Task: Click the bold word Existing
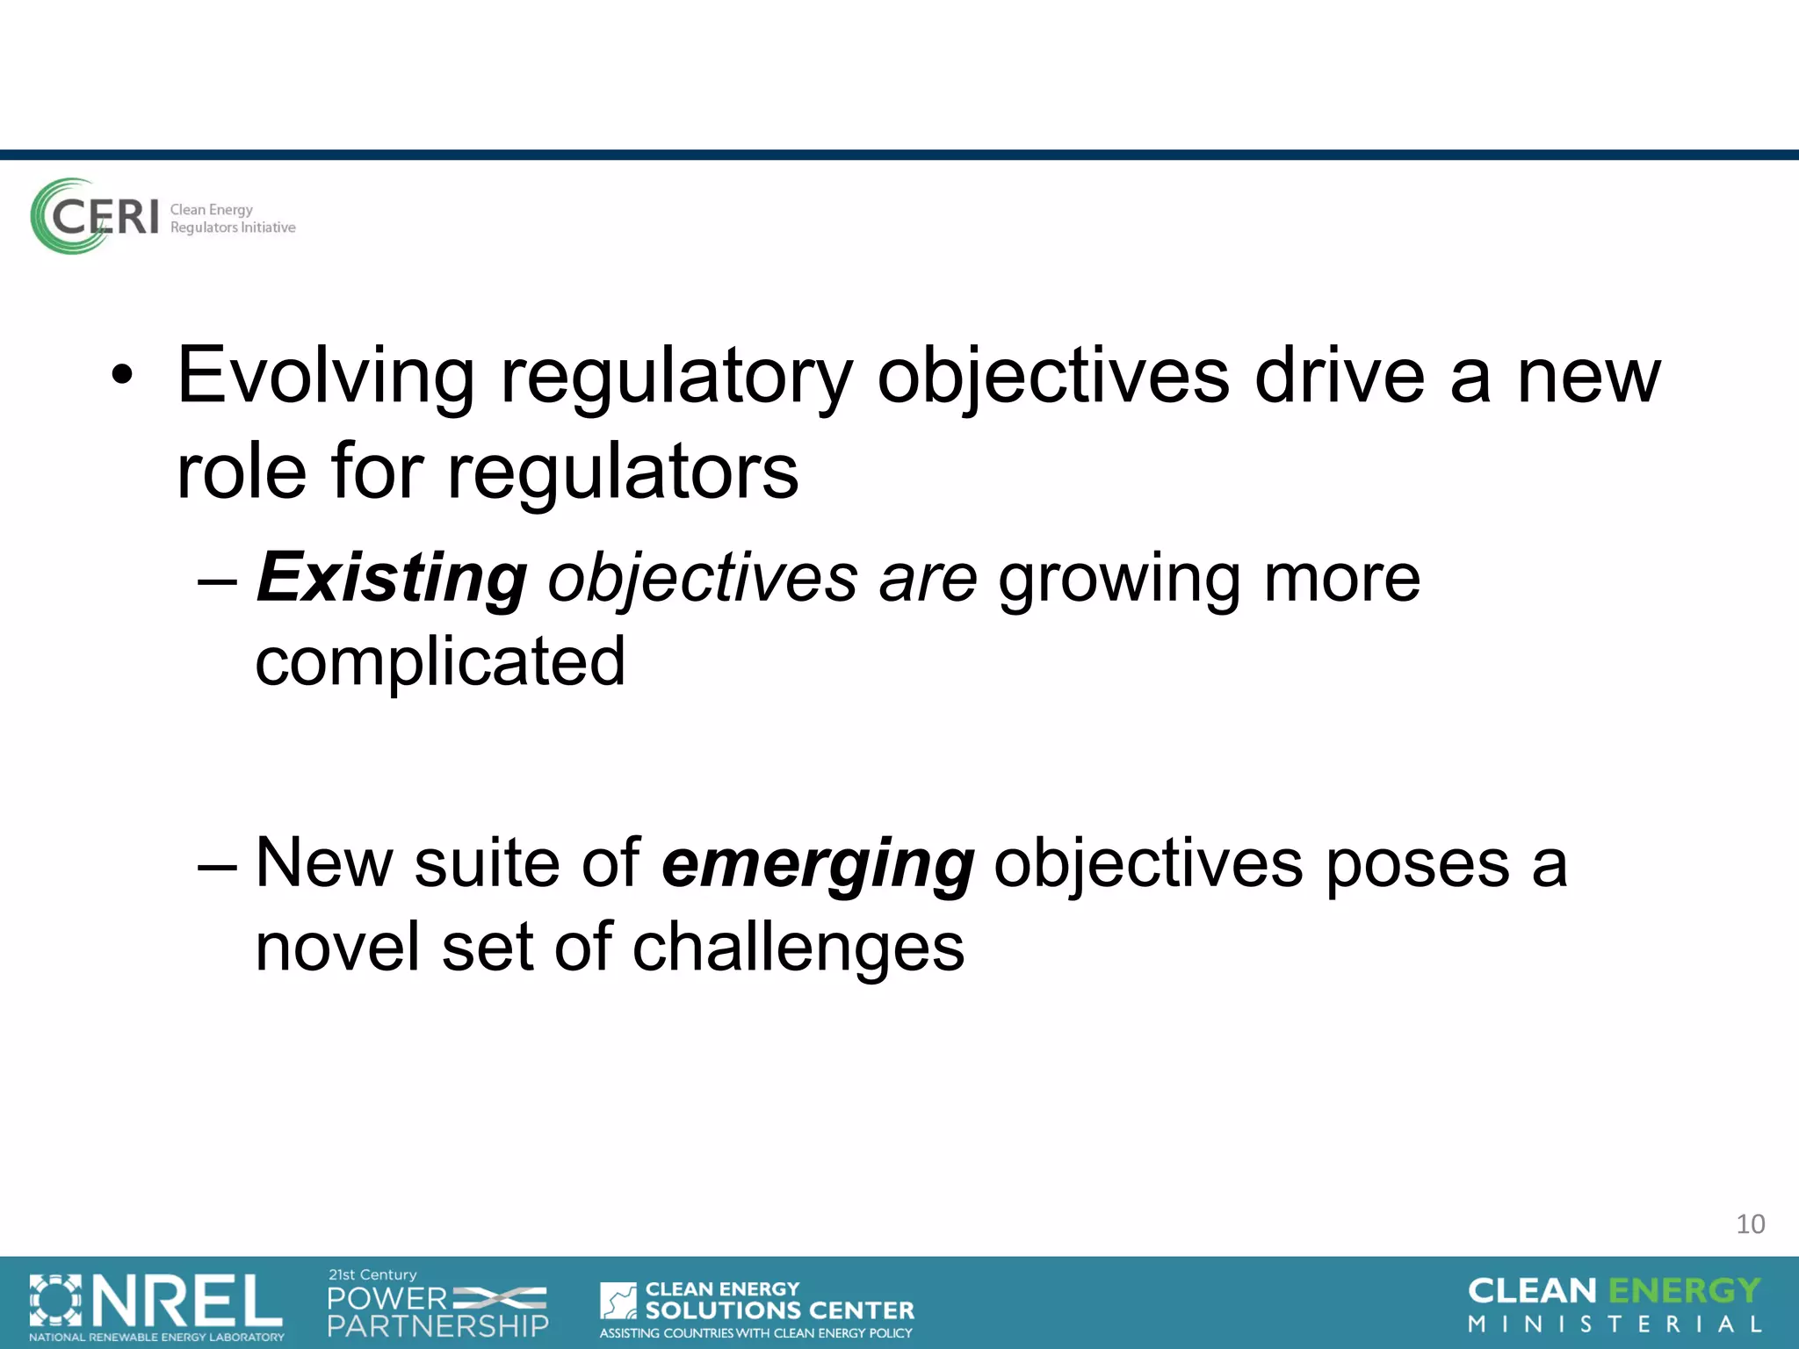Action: coord(392,578)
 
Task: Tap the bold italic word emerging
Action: coord(817,864)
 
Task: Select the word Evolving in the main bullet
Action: coord(326,377)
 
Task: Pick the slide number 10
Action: coord(1750,1223)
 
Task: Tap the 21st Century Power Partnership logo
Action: coord(437,1305)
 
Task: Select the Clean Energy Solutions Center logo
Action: coord(756,1308)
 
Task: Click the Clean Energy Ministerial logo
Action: coord(1614,1304)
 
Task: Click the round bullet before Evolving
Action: coord(122,378)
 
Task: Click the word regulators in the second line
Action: coord(623,473)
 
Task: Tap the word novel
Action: coord(338,948)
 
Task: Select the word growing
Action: coord(1118,580)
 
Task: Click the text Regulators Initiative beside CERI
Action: coord(233,227)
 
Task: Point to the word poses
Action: coord(1417,864)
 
